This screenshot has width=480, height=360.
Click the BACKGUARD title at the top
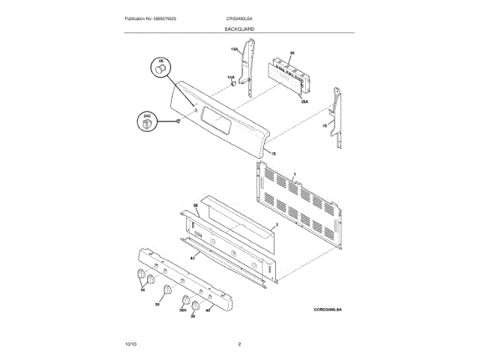coord(239,28)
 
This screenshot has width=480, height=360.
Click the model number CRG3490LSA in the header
coord(239,18)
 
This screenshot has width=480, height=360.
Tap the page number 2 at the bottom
coord(239,343)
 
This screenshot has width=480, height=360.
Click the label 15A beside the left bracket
coord(234,49)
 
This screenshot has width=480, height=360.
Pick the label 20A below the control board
coord(305,100)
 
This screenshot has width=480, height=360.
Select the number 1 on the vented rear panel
coord(295,174)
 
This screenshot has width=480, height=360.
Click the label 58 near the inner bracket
coord(196,205)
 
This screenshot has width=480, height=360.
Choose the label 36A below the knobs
coord(182,310)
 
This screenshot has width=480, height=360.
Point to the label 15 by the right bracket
coord(325,127)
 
